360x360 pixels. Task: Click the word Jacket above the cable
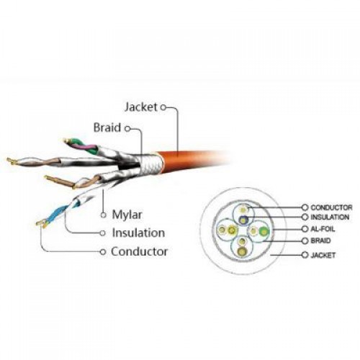(x=141, y=107)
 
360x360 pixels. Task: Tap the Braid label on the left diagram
(x=107, y=127)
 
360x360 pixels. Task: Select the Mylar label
(x=127, y=215)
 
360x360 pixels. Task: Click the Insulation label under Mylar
(x=138, y=233)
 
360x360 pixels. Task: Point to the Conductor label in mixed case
(x=139, y=251)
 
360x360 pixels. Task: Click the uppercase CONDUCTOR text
(x=331, y=207)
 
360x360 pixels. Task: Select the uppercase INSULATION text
(x=330, y=217)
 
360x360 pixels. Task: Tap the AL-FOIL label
(x=323, y=229)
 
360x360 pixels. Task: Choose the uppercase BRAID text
(x=320, y=240)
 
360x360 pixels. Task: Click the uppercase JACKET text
(x=323, y=255)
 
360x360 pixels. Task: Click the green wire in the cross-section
(x=264, y=231)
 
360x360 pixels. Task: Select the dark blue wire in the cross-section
(x=243, y=219)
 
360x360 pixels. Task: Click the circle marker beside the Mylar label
(x=104, y=215)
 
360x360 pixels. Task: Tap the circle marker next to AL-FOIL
(x=305, y=229)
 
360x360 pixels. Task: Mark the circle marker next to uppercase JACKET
(x=305, y=255)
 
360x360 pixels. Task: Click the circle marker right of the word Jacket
(x=163, y=107)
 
